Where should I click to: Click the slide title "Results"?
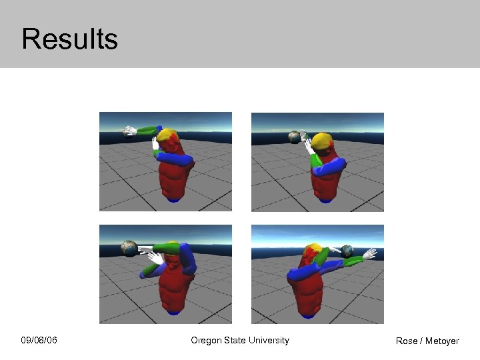69,39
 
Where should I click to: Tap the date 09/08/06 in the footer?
39,341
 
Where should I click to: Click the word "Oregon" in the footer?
206,341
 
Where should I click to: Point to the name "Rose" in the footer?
406,341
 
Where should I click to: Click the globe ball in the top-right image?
294,137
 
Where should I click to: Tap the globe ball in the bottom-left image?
129,249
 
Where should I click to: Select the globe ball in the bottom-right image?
347,251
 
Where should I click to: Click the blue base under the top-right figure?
325,199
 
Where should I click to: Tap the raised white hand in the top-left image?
155,143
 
